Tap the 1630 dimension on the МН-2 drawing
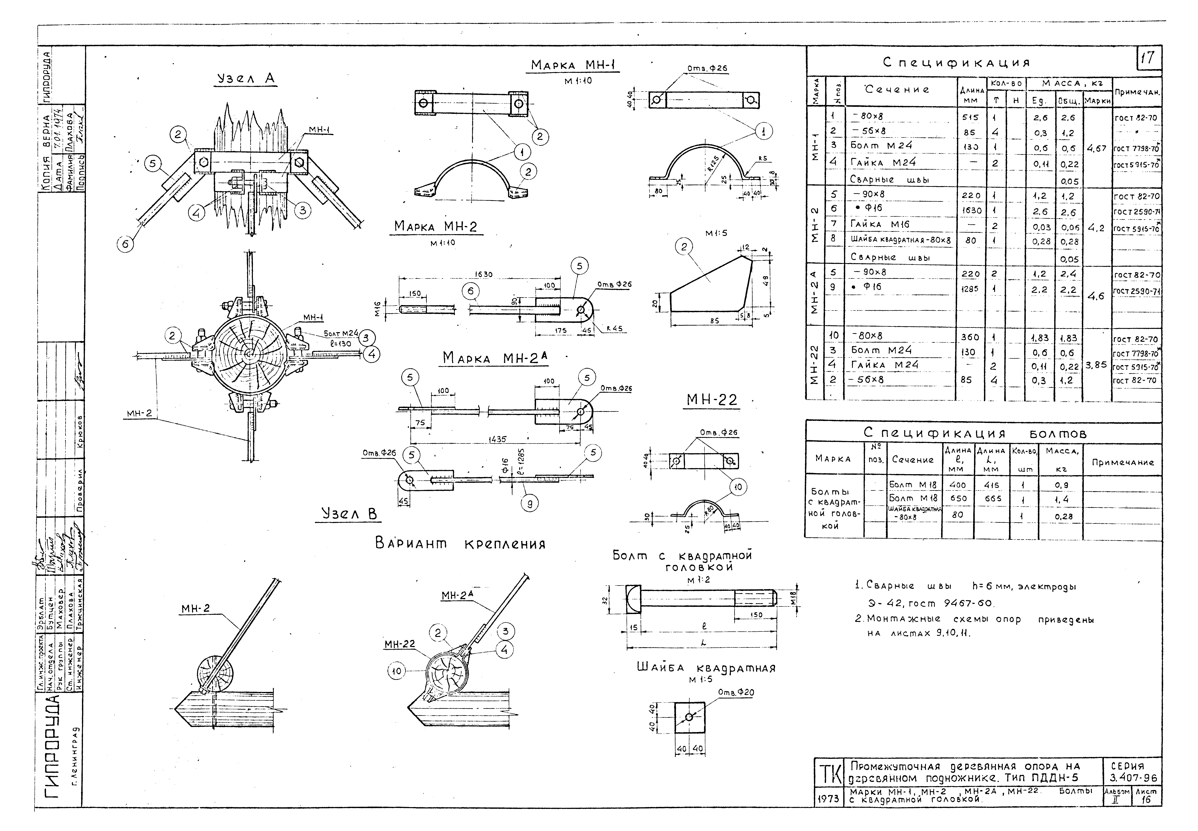coord(484,274)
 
